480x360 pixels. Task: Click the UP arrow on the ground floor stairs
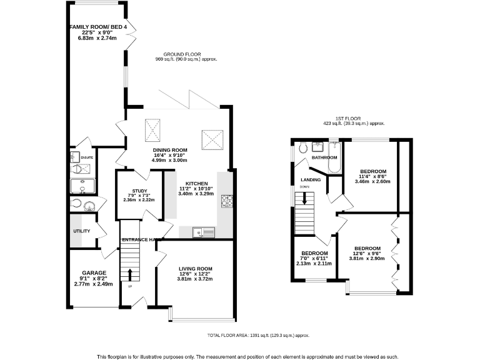(130, 274)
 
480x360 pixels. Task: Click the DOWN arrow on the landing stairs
(304, 198)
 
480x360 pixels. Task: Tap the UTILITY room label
(82, 231)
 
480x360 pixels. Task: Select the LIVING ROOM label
(196, 269)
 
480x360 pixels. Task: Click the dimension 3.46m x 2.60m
(373, 181)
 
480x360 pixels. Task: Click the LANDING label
(311, 180)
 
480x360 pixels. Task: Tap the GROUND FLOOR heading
(186, 54)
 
